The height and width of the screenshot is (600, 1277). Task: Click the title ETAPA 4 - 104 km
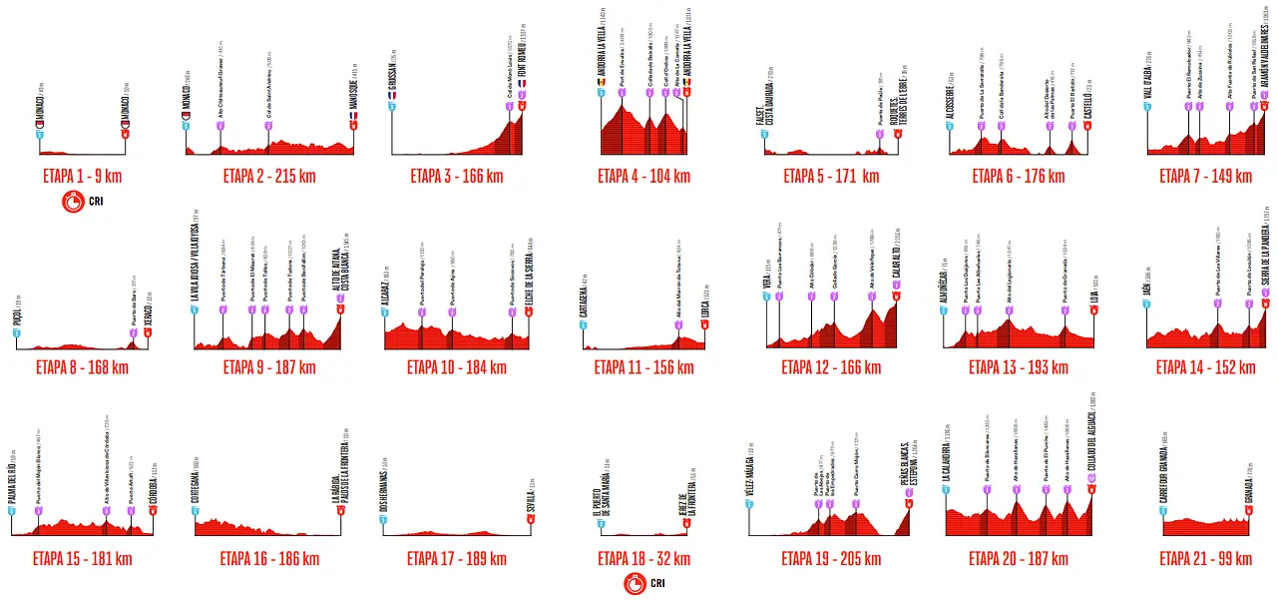tap(643, 177)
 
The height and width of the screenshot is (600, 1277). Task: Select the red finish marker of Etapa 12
tap(896, 296)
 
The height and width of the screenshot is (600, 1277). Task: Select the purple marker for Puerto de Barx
tap(133, 321)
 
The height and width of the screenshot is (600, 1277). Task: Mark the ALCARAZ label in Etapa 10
tap(385, 296)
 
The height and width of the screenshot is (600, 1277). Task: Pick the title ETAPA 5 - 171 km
tap(831, 177)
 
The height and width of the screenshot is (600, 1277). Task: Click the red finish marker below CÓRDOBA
tap(153, 510)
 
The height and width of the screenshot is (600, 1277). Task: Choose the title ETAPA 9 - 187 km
tap(268, 367)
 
